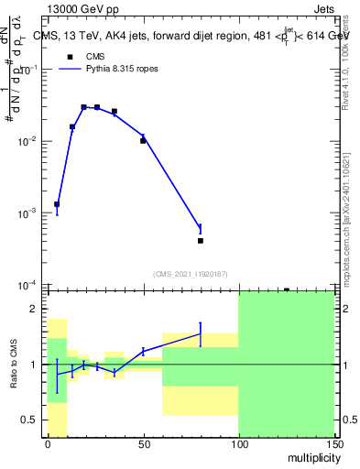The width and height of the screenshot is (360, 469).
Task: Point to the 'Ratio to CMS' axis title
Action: [x=14, y=365]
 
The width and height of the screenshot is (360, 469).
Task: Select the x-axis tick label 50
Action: [x=143, y=443]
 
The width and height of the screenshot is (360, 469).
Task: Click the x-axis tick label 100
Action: [x=238, y=443]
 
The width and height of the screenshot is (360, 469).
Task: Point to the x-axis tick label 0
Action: [x=48, y=443]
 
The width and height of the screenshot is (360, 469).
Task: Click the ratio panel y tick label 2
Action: [x=34, y=310]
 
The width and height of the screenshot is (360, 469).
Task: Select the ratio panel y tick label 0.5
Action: [x=29, y=420]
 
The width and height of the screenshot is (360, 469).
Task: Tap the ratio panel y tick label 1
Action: [x=34, y=365]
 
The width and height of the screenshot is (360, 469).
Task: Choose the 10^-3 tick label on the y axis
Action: [x=27, y=213]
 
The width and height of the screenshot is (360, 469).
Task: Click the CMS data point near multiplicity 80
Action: [x=200, y=241]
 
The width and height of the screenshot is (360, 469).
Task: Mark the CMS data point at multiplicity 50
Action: [x=143, y=141]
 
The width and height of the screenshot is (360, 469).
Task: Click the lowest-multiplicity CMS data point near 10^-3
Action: [x=57, y=204]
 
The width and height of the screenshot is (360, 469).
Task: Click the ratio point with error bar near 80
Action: [x=200, y=334]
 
